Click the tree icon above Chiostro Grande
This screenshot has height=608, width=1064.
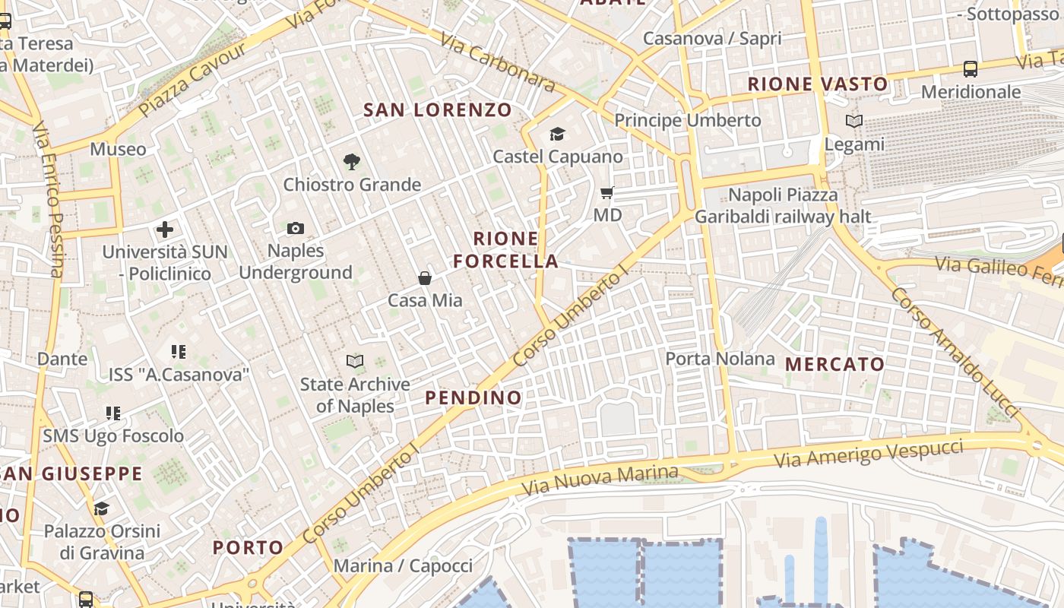coord(351,161)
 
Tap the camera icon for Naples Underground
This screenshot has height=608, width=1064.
coord(296,228)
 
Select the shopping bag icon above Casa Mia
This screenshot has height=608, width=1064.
coord(425,278)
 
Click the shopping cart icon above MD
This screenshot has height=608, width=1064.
coord(607,193)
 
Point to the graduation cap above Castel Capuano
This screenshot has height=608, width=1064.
coord(558,135)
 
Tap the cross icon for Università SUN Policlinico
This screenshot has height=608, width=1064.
coord(165,229)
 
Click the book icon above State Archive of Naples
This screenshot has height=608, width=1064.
coord(355,361)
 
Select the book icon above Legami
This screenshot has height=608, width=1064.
coord(854,121)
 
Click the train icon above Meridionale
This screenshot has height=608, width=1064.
coord(971,69)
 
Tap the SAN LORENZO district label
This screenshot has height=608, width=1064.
coord(438,109)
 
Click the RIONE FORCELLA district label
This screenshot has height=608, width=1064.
coord(506,250)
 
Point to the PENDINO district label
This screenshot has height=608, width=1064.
coord(473,397)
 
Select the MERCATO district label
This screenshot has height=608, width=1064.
coord(835,364)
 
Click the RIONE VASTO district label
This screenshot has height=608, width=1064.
coord(818,84)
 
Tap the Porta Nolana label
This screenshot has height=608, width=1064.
coord(720,358)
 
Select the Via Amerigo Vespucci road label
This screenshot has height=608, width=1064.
coord(869,454)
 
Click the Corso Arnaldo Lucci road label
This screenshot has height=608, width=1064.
coord(955,350)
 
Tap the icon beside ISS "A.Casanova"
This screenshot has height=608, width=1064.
coord(179,351)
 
